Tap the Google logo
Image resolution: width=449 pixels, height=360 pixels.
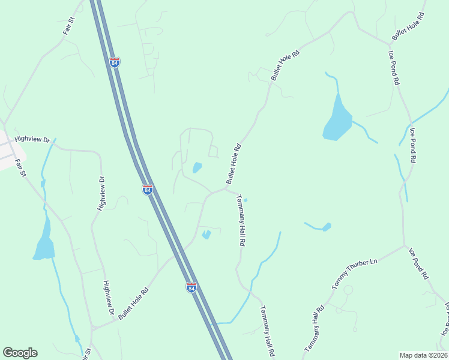point(20,353)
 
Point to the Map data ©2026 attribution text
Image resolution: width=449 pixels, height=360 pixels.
point(424,355)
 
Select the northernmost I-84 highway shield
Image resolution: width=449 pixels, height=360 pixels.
point(115,62)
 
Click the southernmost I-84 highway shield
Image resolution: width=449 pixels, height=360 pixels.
point(191,287)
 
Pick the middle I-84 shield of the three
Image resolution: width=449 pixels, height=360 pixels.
point(148,190)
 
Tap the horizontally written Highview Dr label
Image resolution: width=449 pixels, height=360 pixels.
point(32,139)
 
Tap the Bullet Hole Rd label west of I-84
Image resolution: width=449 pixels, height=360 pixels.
point(133,302)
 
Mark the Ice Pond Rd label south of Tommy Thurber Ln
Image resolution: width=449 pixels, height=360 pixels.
point(418,263)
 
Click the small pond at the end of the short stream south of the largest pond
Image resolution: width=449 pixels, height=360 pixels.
point(327,227)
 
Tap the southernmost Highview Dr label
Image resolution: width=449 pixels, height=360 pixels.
point(109,298)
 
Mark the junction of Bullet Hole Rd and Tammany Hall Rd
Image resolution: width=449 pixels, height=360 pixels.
point(226,188)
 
